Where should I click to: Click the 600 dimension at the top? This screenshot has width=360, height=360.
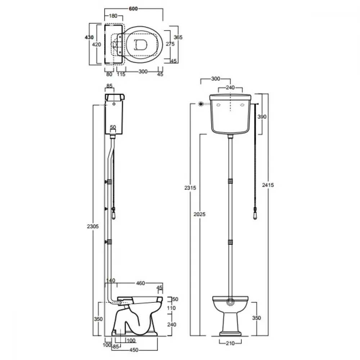(133, 9)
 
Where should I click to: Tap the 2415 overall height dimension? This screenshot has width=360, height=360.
(268, 185)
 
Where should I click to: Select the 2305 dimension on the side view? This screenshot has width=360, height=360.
(93, 226)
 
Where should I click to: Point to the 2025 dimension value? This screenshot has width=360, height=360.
(199, 214)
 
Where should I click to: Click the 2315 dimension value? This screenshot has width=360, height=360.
(190, 188)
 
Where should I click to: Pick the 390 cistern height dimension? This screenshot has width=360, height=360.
(262, 117)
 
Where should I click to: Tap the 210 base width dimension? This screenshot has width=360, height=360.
(230, 343)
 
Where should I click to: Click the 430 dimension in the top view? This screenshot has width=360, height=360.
(89, 37)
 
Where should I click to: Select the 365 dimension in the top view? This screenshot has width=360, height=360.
(178, 37)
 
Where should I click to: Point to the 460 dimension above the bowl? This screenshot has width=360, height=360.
(140, 283)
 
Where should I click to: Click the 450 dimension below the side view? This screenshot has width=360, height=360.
(134, 350)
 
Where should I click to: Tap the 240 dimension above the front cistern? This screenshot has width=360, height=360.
(230, 87)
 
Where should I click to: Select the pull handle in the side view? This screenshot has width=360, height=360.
(113, 214)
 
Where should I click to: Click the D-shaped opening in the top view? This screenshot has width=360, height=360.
(140, 45)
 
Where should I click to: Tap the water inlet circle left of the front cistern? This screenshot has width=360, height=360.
(201, 104)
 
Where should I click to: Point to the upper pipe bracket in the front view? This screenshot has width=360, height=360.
(230, 181)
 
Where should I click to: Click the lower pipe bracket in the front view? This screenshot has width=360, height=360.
(230, 242)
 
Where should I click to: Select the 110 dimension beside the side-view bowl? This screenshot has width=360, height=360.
(171, 308)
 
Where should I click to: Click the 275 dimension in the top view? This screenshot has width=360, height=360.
(170, 44)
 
